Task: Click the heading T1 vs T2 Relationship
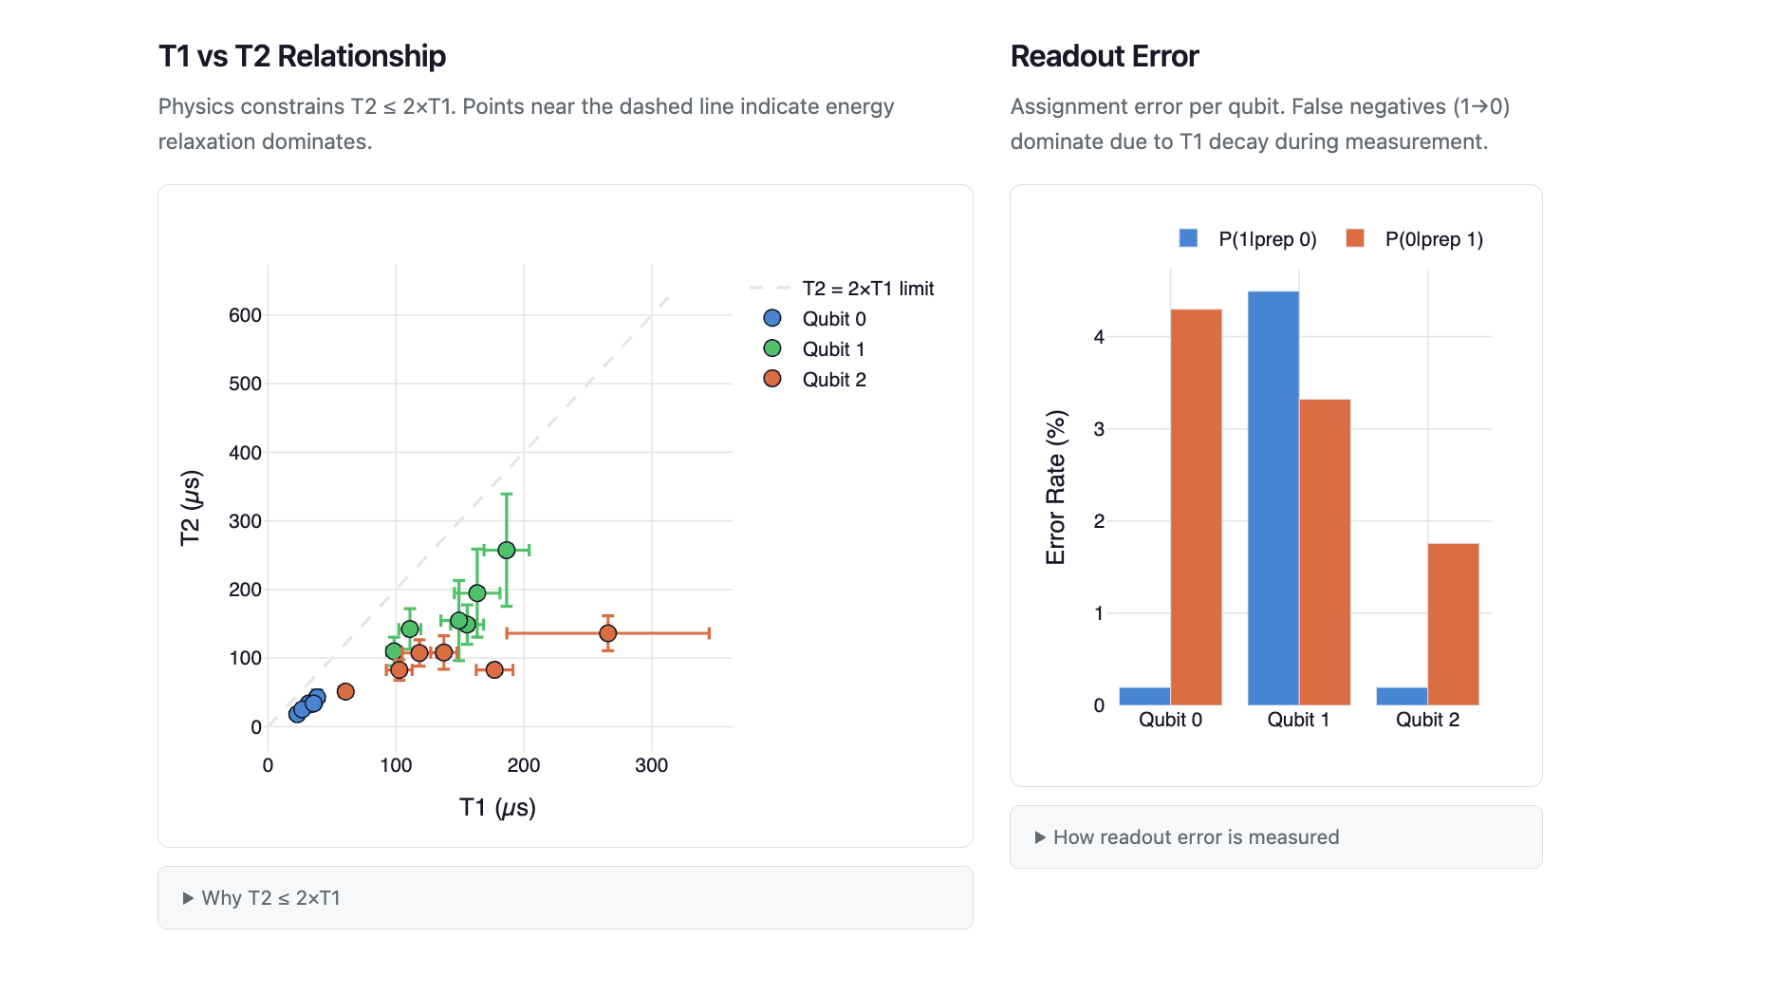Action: (302, 57)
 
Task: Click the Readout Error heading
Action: (1105, 57)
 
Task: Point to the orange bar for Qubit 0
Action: (1196, 507)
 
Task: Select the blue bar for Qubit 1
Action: (1273, 497)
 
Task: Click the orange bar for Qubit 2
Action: (1453, 624)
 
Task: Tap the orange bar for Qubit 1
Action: (1325, 552)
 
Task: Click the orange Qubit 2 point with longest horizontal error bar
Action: (608, 633)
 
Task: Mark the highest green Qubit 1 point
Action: (507, 551)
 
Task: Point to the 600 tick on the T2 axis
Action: (245, 315)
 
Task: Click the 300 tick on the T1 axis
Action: (651, 765)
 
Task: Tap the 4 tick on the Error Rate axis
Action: (1099, 337)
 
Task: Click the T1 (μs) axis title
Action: (497, 808)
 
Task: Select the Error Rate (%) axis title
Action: (1056, 487)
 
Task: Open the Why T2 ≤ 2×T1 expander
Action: (270, 898)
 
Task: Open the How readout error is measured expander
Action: (1196, 837)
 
